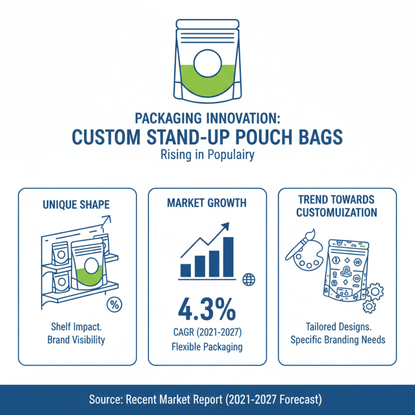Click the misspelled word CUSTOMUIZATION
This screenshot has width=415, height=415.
(337, 213)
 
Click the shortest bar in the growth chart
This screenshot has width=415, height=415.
(186, 270)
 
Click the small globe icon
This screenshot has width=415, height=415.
(249, 279)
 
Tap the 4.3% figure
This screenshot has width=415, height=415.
(207, 310)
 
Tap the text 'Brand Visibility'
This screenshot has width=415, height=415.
(77, 340)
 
